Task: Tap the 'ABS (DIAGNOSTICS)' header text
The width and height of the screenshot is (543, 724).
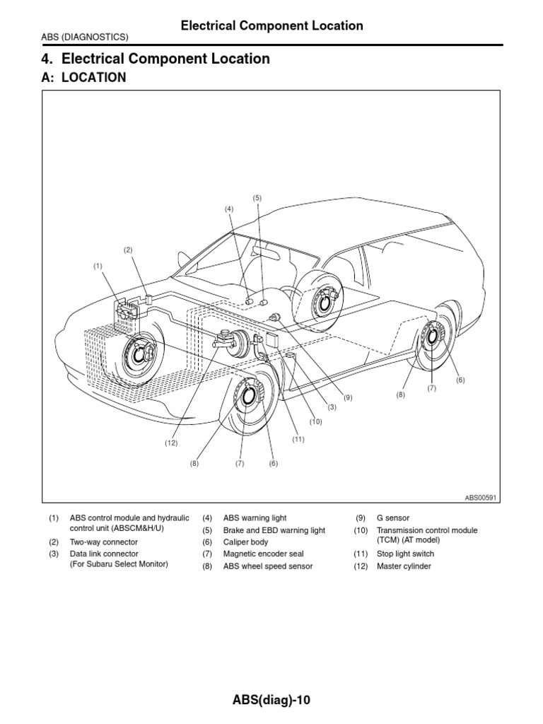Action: coord(85,37)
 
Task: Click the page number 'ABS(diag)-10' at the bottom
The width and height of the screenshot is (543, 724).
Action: coord(271,700)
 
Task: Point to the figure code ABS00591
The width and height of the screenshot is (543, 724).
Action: coord(481,497)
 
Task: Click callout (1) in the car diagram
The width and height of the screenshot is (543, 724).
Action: coord(98,266)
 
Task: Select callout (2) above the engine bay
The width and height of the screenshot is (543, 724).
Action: coord(128,250)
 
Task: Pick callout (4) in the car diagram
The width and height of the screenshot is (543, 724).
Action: coord(229,209)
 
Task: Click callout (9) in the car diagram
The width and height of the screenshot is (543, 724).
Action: coord(348,397)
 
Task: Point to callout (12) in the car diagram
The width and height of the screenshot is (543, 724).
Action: coord(171,443)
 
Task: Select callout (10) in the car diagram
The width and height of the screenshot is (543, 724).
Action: coord(315,421)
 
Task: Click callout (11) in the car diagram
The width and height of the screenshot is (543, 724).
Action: coord(298,439)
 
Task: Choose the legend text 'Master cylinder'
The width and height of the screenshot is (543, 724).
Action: coord(403,566)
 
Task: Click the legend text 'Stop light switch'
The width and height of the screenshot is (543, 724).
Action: coord(405,554)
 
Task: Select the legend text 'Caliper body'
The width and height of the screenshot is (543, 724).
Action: coord(246,542)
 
